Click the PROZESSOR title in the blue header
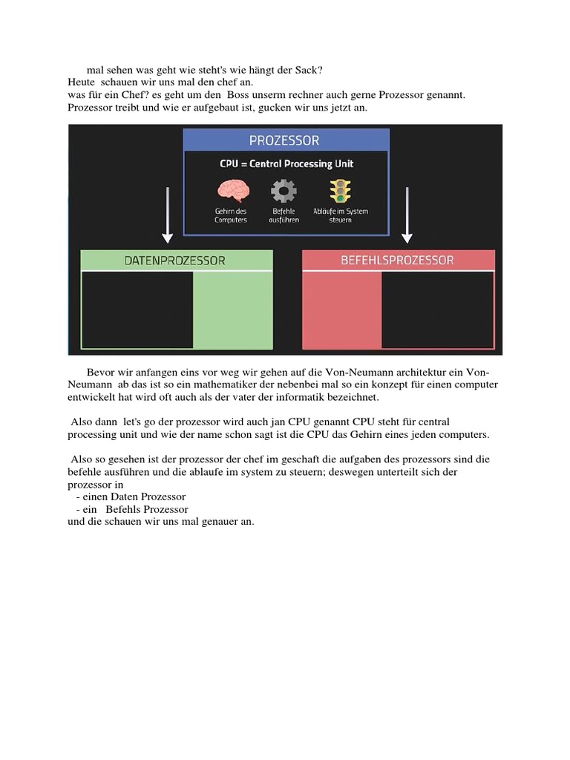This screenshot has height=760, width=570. tap(285, 140)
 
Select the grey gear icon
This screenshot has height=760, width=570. tap(284, 190)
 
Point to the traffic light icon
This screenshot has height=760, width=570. tap(340, 189)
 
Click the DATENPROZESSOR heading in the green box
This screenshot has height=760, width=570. tap(176, 261)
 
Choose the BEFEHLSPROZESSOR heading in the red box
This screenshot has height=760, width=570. tap(397, 261)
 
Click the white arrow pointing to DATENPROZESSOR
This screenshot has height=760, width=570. tap(168, 214)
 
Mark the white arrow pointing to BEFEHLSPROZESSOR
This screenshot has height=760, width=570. tap(407, 214)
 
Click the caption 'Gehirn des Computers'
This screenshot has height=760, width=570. tap(231, 215)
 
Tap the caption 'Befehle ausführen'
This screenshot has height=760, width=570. tap(283, 215)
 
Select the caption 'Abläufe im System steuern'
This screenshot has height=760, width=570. tap(340, 215)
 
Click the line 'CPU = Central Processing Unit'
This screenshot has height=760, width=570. tap(286, 164)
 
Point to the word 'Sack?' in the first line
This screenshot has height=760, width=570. tap(308, 71)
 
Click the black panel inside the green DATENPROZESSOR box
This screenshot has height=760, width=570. tap(137, 309)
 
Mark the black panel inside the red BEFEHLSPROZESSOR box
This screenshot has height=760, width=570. tap(437, 309)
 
